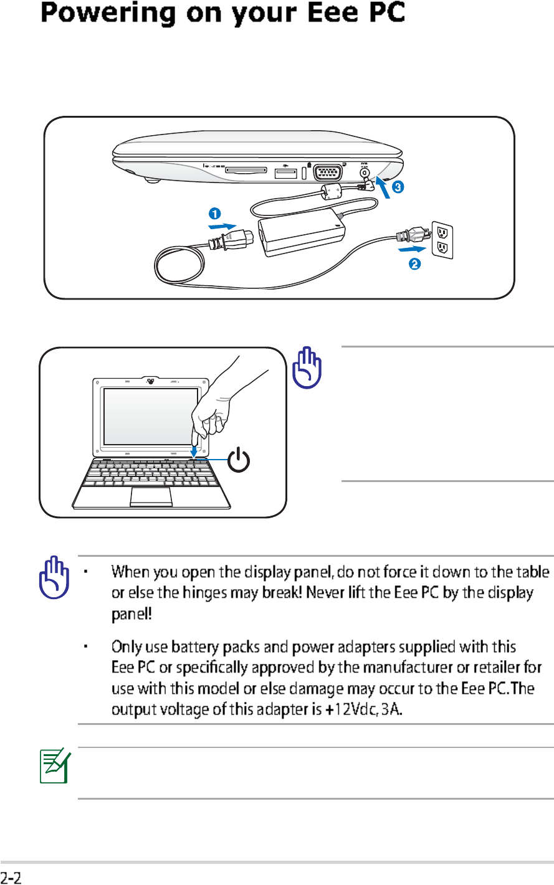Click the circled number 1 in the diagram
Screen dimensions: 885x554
click(x=214, y=213)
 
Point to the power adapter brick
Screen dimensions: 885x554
click(x=302, y=236)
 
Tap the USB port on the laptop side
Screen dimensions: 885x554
click(x=287, y=172)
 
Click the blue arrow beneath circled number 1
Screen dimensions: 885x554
click(x=223, y=226)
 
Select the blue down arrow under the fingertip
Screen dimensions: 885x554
click(x=194, y=449)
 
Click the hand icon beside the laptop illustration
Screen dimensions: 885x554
click(x=307, y=369)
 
